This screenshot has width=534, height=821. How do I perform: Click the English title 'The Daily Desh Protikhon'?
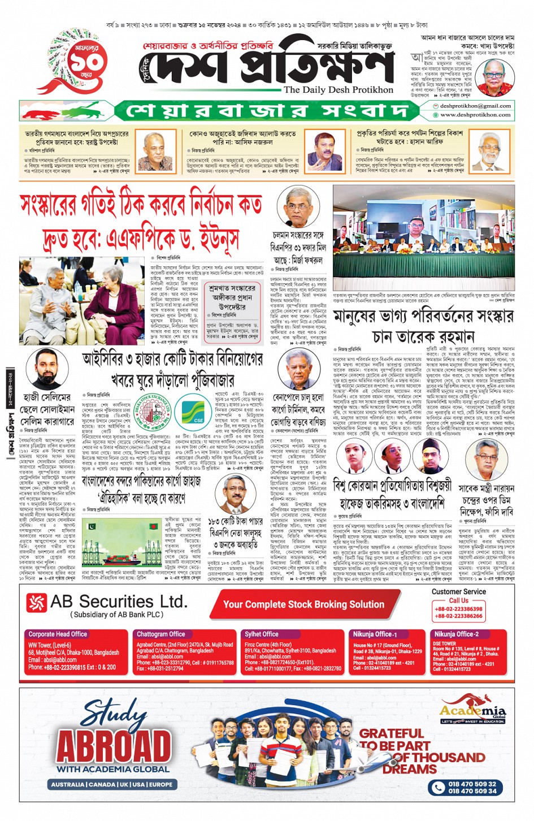pos(338,89)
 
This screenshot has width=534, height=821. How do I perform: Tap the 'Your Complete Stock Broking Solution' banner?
pos(303,604)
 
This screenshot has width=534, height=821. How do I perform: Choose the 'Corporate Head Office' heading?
pos(58,634)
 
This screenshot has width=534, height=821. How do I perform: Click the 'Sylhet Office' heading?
pos(262,634)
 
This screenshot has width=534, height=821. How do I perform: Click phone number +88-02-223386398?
pos(458,609)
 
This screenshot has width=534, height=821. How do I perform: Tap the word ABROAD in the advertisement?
pos(113,746)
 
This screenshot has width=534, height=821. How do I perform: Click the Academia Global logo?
pos(473,712)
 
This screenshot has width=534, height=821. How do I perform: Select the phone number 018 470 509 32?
pos(472,784)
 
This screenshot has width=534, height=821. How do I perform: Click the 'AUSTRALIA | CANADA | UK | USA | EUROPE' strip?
pos(112,784)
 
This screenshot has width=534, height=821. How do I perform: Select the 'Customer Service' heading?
pos(458,591)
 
